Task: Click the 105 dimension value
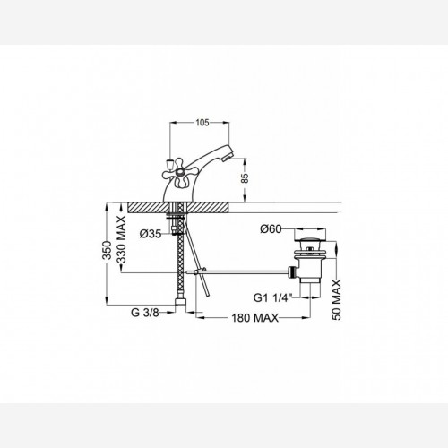202,123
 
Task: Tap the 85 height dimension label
245,178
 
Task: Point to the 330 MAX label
121,239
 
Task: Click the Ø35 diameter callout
151,234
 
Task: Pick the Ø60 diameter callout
271,229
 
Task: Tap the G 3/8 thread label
145,313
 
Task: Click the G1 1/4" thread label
272,297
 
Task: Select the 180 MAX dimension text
254,318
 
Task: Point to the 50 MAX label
337,300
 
